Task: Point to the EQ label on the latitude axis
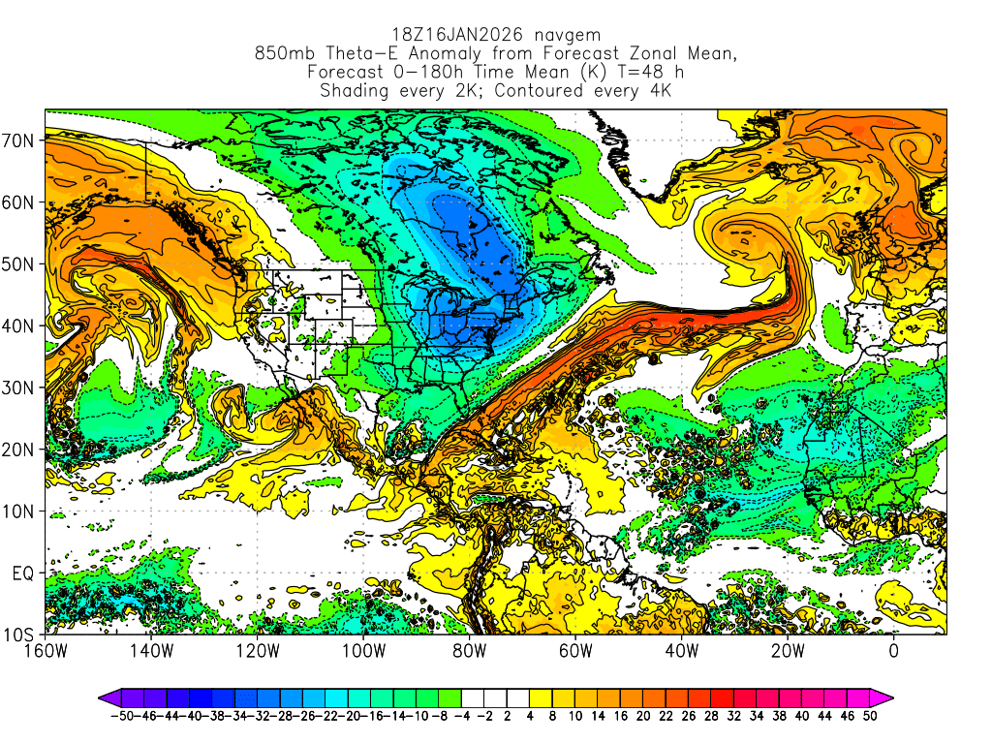click(23, 573)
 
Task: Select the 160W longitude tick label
click(46, 650)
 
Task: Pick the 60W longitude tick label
click(575, 650)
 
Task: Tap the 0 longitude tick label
click(893, 650)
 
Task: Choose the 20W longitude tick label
click(787, 650)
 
